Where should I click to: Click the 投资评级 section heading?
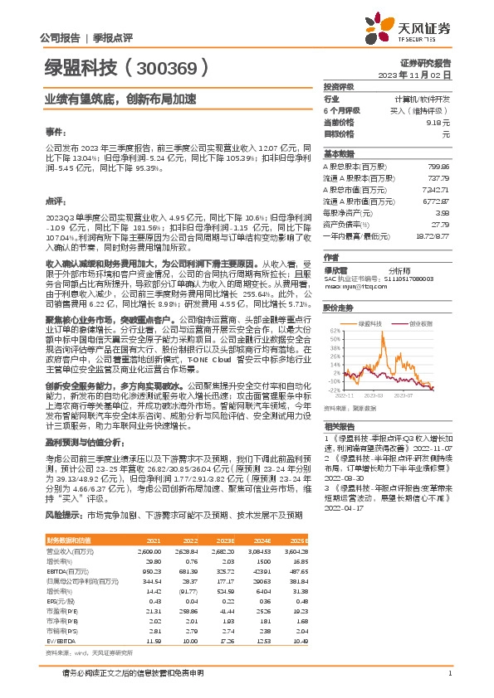(x=339, y=86)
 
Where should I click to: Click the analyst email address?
(x=349, y=287)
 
